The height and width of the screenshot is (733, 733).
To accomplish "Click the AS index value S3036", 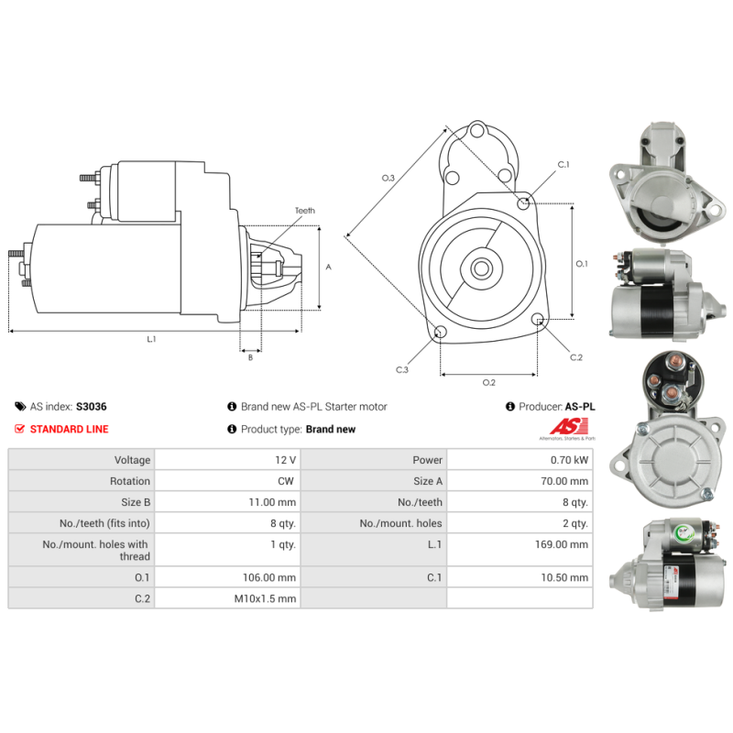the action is (91, 407).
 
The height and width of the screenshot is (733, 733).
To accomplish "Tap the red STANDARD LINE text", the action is (70, 429).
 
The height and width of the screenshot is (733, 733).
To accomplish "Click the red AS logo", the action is (569, 426).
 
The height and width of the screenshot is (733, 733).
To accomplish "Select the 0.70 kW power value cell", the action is (520, 460).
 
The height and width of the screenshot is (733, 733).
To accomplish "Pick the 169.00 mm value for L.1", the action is (562, 544).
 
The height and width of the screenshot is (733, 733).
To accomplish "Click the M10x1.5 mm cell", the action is (227, 598).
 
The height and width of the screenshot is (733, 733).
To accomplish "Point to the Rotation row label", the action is (130, 481).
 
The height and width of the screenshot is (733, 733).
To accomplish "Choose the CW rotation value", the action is (286, 481).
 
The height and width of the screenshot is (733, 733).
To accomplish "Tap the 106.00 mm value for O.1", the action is (269, 577).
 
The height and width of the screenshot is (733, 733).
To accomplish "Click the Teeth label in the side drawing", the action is (305, 211).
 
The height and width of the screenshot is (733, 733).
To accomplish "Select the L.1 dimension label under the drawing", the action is (151, 339).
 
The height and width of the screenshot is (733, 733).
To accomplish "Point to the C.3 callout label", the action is (402, 370).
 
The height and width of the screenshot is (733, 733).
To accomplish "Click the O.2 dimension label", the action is (489, 383).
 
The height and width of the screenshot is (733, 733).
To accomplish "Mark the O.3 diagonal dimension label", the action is (388, 178).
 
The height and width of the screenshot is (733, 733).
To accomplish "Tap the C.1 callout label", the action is (563, 165).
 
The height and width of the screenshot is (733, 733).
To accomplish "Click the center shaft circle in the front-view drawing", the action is (481, 268).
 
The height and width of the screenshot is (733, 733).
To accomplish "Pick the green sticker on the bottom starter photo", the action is (684, 532).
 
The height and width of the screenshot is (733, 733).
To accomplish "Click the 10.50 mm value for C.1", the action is (564, 577).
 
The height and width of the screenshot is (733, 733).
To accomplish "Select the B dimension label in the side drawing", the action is (250, 357).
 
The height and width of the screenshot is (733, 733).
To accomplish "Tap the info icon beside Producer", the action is (510, 407).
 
